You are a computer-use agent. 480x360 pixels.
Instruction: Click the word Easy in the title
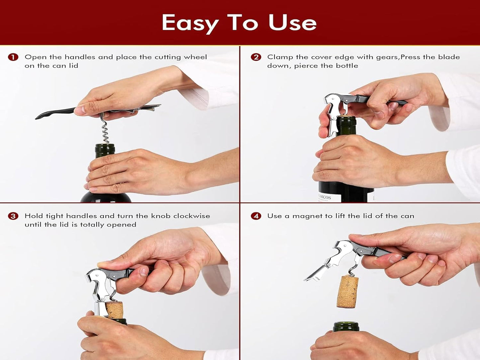(190, 23)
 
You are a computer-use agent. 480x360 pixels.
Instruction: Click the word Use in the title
(292, 23)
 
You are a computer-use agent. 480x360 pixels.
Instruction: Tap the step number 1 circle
(13, 57)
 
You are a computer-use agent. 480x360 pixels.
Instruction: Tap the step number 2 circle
(255, 57)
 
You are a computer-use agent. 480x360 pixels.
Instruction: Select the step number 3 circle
(13, 216)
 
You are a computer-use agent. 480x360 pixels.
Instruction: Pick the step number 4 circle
(255, 216)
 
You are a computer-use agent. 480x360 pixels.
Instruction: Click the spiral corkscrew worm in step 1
(105, 132)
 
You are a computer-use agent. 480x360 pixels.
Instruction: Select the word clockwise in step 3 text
(191, 216)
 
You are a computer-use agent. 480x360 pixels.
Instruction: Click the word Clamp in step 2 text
(280, 57)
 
